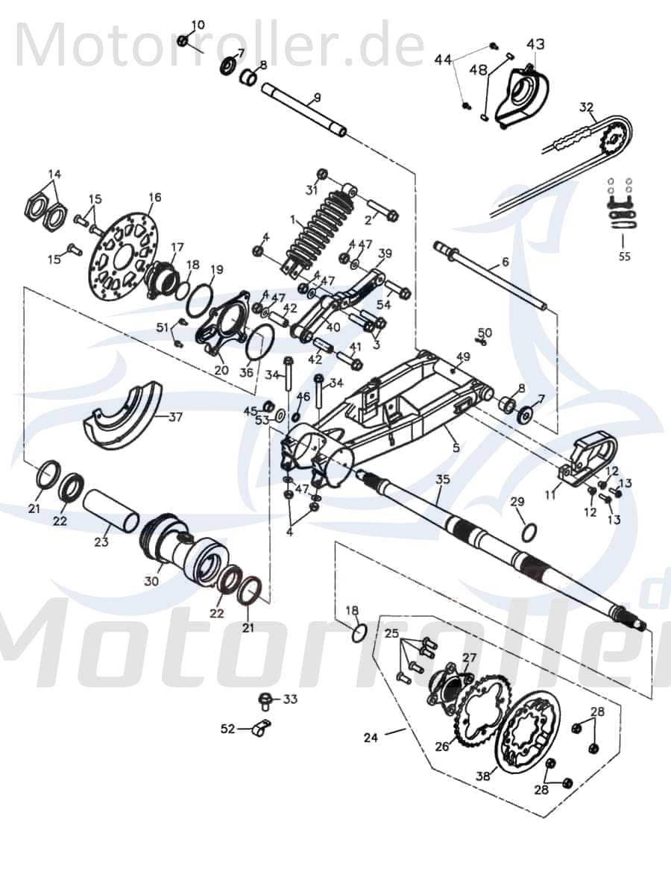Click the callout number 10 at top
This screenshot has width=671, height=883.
[x=197, y=25]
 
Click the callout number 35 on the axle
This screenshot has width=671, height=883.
[x=443, y=478]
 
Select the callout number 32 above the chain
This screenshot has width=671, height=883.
[x=587, y=107]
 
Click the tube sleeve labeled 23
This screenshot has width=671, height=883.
[x=110, y=509]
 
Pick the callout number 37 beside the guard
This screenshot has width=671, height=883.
[x=175, y=418]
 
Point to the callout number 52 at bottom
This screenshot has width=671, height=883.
[x=227, y=729]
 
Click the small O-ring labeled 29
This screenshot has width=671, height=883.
[x=528, y=531]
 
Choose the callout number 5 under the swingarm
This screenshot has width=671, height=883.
[x=456, y=448]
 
